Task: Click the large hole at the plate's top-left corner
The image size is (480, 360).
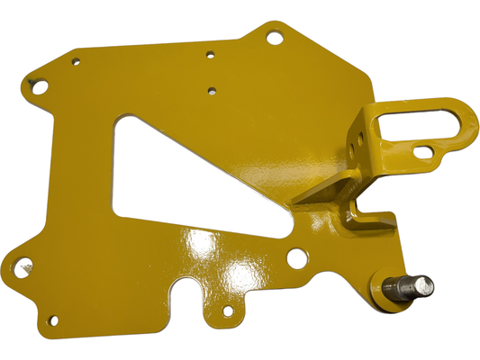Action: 40,85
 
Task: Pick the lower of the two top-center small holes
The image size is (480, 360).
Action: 211,90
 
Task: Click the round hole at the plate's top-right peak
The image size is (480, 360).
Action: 275,37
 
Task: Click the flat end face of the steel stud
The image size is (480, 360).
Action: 422,287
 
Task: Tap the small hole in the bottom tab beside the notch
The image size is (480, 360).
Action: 229,312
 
